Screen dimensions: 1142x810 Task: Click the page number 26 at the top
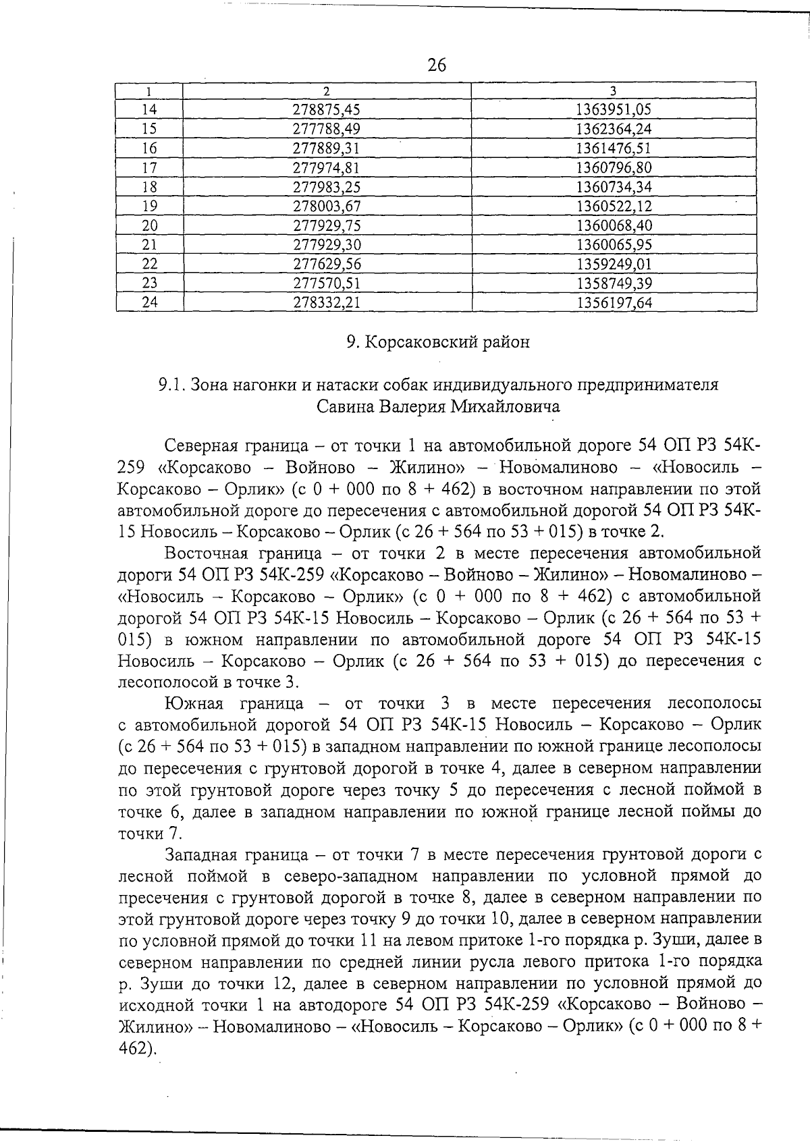click(x=437, y=65)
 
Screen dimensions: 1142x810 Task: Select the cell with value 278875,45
click(x=327, y=109)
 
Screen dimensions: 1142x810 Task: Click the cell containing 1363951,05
click(x=614, y=109)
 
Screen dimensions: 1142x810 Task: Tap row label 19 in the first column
click(x=150, y=206)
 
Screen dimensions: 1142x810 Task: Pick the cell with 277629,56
click(x=327, y=264)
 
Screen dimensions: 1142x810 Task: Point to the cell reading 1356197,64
click(x=614, y=302)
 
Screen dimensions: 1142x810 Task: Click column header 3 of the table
click(x=613, y=90)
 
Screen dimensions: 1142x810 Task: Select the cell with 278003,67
click(x=327, y=206)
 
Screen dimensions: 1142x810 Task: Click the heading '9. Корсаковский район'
click(x=438, y=342)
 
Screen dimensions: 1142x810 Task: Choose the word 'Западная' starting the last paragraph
click(x=200, y=854)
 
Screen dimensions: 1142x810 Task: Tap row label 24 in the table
click(x=150, y=302)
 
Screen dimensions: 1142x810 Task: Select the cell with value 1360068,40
click(x=614, y=225)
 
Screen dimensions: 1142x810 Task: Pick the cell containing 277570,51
click(x=327, y=283)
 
